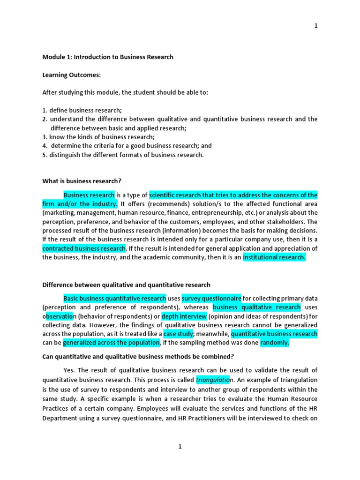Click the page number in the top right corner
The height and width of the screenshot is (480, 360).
316,26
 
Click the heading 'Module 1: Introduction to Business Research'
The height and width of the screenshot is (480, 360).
108,57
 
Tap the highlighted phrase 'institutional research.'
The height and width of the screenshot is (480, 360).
274,257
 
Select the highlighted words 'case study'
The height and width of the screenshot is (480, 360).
178,334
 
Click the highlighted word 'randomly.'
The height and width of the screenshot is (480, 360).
275,343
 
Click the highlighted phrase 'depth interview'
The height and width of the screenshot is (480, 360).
184,316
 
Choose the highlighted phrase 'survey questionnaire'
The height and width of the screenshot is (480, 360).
211,298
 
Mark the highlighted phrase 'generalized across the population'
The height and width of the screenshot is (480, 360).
111,343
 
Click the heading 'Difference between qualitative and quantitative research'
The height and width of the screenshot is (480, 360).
126,285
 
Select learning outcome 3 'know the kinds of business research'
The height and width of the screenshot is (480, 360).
98,137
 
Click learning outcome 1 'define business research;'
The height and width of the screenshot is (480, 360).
82,110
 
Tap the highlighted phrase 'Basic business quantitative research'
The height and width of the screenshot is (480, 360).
115,298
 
